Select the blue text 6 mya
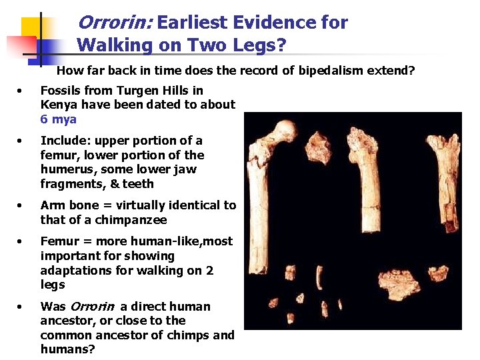coord(59,119)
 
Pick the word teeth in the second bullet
coord(139,184)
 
